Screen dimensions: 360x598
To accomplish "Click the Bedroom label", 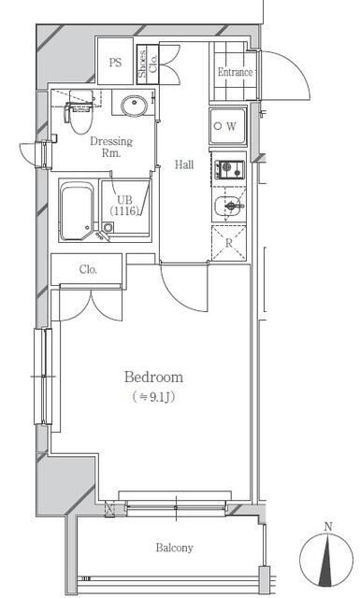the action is [153, 377].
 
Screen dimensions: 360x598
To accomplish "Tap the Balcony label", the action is [174, 548].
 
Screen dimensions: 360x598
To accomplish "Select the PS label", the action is [115, 62].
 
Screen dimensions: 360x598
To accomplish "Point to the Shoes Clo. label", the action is [148, 64].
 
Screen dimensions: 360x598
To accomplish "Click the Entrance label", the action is [235, 72].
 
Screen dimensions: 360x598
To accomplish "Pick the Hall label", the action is [184, 164].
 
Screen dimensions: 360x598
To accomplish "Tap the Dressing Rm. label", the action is [111, 147].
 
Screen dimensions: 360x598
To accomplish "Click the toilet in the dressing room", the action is [79, 113].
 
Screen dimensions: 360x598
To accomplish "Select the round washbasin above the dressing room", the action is [134, 105].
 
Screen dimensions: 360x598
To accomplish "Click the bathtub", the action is [77, 210].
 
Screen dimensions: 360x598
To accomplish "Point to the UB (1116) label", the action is [125, 205].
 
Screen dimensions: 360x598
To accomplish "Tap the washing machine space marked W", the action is [228, 126].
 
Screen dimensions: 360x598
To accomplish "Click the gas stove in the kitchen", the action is [229, 169].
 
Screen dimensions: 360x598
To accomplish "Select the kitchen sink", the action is [228, 206].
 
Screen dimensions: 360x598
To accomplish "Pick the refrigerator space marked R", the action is [229, 243].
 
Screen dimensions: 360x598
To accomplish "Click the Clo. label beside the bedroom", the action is [88, 269].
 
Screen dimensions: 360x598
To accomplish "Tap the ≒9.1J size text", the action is [153, 397].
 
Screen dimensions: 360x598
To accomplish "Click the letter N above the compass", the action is [327, 527].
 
